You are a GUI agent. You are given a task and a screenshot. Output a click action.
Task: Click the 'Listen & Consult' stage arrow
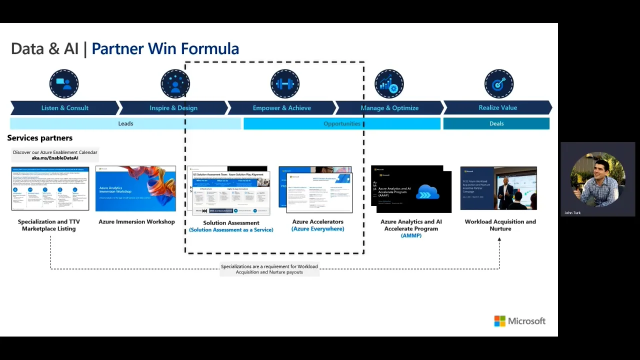click(x=64, y=108)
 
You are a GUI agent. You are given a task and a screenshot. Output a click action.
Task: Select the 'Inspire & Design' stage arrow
click(x=173, y=108)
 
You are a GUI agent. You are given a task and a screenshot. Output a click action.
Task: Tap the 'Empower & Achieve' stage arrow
click(x=281, y=108)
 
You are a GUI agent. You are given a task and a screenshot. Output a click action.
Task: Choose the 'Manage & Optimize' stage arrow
click(x=389, y=108)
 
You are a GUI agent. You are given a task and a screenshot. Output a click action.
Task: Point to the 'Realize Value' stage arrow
click(x=497, y=107)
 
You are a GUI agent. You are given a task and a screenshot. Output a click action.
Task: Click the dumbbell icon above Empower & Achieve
click(x=284, y=84)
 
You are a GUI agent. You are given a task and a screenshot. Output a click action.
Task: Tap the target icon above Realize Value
click(x=498, y=84)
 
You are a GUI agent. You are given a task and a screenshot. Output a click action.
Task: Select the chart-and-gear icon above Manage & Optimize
click(x=389, y=84)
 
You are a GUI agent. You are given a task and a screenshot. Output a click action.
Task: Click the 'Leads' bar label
click(x=125, y=123)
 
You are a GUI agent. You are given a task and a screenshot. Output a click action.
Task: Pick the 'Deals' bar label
click(x=496, y=123)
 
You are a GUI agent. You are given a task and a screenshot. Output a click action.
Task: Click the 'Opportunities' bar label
click(x=341, y=123)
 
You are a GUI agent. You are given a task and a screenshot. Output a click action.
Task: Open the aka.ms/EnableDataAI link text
click(x=55, y=158)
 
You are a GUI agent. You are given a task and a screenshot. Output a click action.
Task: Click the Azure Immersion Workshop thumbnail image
click(x=135, y=188)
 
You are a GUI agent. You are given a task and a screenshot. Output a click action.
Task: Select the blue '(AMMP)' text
click(x=411, y=235)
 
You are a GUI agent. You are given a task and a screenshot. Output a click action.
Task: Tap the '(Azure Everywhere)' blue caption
click(x=317, y=229)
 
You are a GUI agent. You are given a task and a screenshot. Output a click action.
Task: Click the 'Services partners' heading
click(x=40, y=138)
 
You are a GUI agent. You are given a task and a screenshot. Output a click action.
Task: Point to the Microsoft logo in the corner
click(x=519, y=321)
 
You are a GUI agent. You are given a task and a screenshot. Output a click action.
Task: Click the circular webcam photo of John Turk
click(x=597, y=179)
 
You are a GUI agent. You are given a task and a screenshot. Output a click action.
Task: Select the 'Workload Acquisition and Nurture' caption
click(x=500, y=225)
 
